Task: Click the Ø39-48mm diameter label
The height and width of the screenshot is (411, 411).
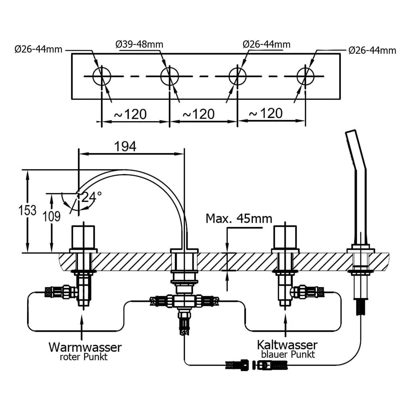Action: click(139, 44)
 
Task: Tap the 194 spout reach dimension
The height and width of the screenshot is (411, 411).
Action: click(125, 147)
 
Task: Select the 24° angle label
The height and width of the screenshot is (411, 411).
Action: click(91, 197)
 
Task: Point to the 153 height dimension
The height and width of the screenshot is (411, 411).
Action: click(27, 210)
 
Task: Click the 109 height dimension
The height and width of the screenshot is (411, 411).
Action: click(51, 217)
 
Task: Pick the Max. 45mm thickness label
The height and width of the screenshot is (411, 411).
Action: click(239, 219)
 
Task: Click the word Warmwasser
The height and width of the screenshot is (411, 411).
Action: click(85, 347)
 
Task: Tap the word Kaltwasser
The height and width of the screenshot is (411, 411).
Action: click(287, 345)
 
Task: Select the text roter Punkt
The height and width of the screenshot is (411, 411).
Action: click(84, 357)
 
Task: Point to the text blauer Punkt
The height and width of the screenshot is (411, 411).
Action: click(288, 354)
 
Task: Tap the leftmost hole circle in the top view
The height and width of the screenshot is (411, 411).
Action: click(102, 76)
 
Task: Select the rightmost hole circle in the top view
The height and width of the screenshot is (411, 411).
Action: click(305, 76)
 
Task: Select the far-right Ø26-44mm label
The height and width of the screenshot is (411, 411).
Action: click(372, 50)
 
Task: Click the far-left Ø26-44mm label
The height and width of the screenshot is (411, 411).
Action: click(38, 49)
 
